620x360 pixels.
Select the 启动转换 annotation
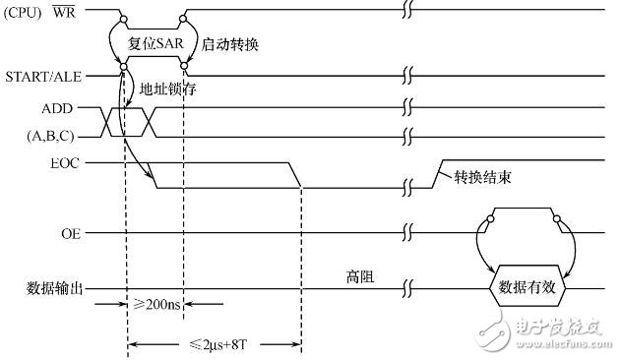click(230, 45)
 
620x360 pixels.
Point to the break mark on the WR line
click(407, 9)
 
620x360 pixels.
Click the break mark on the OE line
click(407, 234)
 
